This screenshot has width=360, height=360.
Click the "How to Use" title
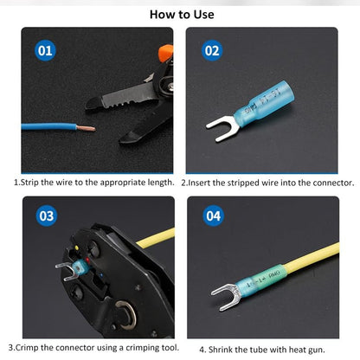[182, 15]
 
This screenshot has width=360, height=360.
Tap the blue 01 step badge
[45, 50]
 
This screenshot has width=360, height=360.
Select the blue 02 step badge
[212, 50]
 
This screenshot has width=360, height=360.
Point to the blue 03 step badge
[47, 215]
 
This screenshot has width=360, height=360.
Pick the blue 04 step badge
[213, 215]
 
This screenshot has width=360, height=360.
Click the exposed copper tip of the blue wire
[86, 128]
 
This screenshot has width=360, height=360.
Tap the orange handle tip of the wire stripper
[165, 53]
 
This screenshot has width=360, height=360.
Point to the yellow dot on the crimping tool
[76, 247]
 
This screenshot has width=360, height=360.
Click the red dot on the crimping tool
[87, 260]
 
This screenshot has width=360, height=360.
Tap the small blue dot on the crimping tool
[100, 275]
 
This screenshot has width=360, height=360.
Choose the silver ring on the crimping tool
[126, 314]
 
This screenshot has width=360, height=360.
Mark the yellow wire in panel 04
[312, 258]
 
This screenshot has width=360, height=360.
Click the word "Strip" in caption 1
[29, 183]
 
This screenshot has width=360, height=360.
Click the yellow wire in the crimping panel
[156, 238]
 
